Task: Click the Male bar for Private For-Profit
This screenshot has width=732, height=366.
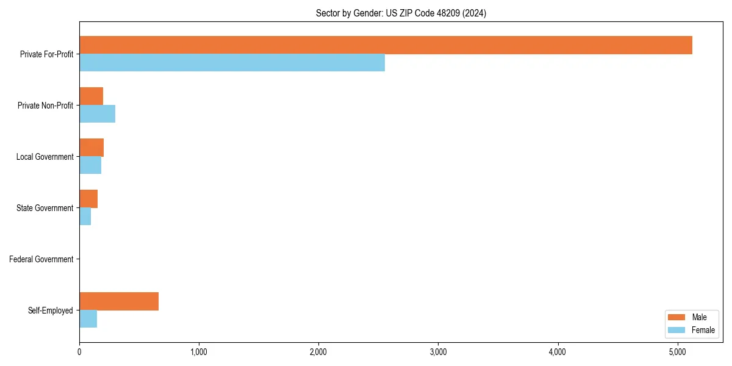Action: [386, 45]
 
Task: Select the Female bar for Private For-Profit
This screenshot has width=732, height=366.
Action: [232, 63]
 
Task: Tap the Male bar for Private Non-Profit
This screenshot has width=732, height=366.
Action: [91, 96]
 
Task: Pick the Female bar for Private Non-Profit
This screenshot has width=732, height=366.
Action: [97, 114]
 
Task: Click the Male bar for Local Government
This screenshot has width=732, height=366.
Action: [91, 148]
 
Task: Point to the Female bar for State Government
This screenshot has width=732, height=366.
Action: [85, 217]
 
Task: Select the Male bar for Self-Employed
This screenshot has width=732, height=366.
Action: [119, 301]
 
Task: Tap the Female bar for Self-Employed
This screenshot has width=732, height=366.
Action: [88, 319]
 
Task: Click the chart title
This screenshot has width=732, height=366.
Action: [401, 13]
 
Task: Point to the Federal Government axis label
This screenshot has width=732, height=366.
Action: [41, 259]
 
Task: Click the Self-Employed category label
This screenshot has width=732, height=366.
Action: [51, 310]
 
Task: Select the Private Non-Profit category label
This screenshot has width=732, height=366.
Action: [45, 106]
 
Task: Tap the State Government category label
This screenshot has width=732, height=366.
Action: [45, 208]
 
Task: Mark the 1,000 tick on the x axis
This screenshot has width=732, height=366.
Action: [199, 351]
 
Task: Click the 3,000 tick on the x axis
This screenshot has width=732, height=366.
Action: [438, 351]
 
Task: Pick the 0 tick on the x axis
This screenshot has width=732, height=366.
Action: [79, 351]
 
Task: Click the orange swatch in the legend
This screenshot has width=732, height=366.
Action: [677, 317]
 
